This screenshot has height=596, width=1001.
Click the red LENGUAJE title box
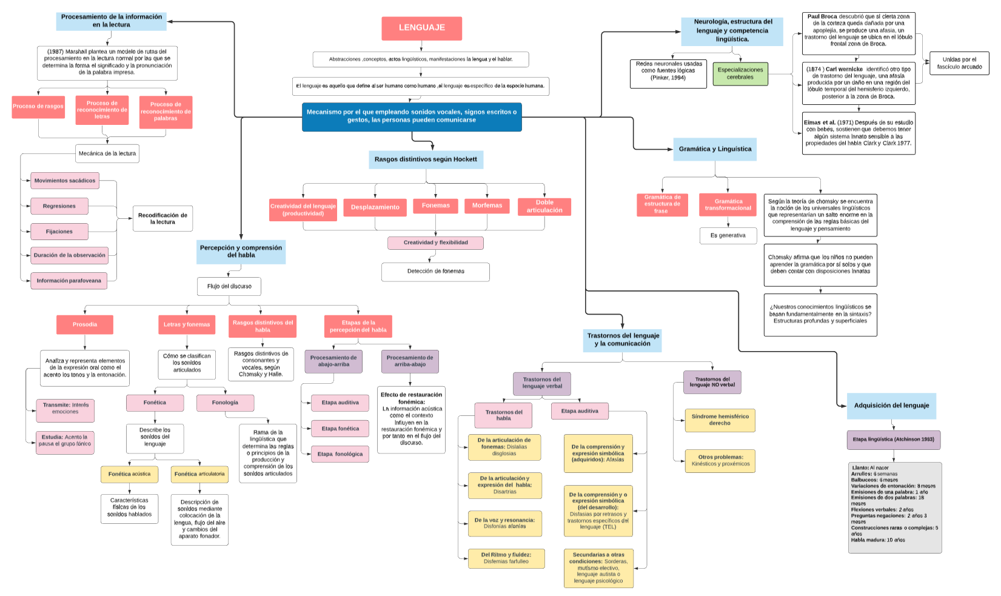tap(421, 28)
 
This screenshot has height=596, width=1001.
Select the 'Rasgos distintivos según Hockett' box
tap(426, 159)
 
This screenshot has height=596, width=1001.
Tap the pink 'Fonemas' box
tap(435, 206)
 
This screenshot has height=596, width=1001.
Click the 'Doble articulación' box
tap(544, 206)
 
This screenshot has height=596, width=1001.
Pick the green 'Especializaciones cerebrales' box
tap(740, 73)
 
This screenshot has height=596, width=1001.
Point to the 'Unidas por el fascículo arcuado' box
tap(959, 63)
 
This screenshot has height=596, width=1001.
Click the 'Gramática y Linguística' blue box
tap(714, 149)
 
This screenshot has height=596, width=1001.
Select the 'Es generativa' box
tap(728, 235)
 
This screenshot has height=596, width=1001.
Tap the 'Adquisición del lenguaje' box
tap(891, 406)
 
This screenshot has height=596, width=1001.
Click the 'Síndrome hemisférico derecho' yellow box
tap(720, 420)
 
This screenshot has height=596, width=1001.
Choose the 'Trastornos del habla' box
tap(503, 415)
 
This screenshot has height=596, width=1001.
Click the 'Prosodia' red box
tap(85, 324)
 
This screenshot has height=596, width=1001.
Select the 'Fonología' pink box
tap(225, 403)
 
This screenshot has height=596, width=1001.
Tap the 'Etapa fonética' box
tap(340, 429)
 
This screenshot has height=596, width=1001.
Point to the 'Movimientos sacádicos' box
tap(65, 181)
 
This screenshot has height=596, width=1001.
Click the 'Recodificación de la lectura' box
tap(162, 218)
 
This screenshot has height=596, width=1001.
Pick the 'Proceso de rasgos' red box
tap(38, 106)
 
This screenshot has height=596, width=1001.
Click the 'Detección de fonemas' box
tap(435, 272)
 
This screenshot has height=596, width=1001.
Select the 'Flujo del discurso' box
tap(229, 286)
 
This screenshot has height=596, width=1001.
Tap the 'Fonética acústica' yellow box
tap(129, 474)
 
